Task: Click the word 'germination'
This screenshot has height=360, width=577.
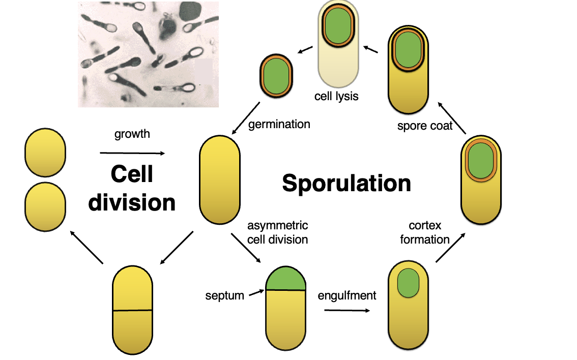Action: click(279, 124)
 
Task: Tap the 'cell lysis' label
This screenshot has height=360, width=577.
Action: click(336, 96)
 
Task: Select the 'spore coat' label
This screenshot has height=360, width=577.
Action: click(425, 126)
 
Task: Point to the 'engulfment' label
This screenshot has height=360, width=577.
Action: click(347, 295)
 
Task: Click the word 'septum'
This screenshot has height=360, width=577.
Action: click(225, 295)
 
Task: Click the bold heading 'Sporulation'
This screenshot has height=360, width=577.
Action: click(347, 183)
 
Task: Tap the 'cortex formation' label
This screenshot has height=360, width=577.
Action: click(425, 232)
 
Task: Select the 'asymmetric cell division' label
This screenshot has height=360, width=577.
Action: click(277, 232)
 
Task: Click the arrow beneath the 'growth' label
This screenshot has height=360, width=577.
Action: click(133, 153)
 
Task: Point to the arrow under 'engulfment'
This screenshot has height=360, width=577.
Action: click(347, 310)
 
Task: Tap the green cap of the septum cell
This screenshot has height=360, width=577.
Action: click(285, 278)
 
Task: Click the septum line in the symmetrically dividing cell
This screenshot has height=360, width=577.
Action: click(132, 310)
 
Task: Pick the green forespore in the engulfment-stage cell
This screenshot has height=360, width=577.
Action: click(408, 283)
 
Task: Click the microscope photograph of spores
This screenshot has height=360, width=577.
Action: click(148, 54)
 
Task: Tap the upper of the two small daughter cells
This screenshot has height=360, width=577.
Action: click(45, 153)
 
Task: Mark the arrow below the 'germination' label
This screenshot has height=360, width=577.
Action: click(246, 118)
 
